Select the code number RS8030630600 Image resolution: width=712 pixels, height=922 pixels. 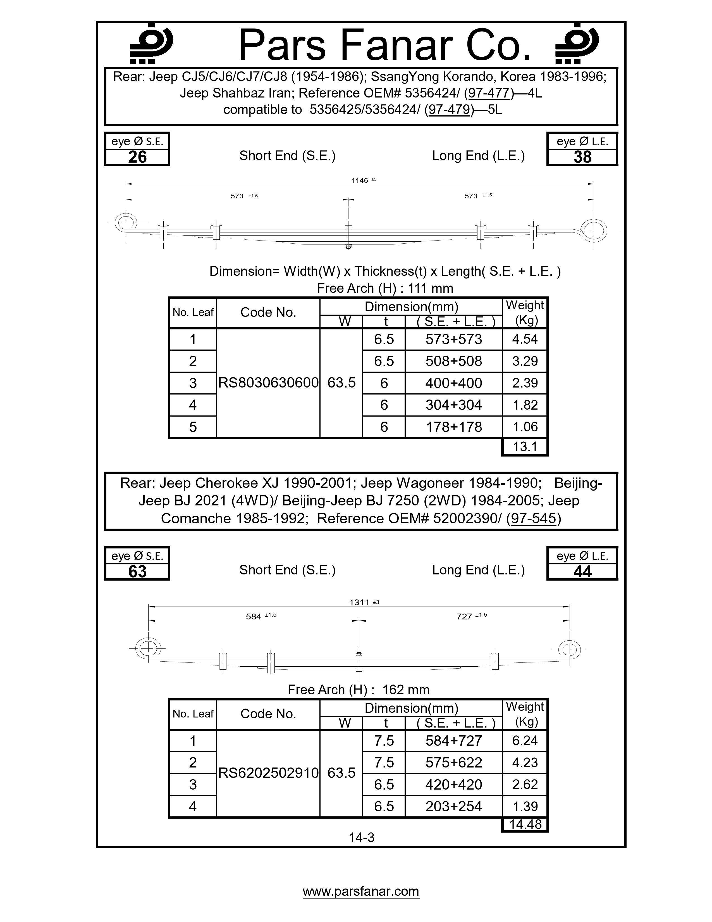[x=268, y=383]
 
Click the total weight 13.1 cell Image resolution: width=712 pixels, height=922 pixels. [x=525, y=447]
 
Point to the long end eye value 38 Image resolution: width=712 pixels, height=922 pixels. [x=582, y=157]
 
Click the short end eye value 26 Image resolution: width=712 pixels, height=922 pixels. [x=137, y=157]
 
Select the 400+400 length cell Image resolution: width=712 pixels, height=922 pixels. [x=453, y=383]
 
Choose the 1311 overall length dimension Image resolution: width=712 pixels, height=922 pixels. [x=360, y=602]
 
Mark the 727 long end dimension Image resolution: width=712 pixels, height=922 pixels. [x=464, y=616]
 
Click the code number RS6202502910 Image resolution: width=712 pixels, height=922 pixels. [x=268, y=773]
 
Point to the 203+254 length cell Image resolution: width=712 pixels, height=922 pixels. [x=453, y=806]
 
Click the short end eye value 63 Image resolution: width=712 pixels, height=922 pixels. [x=137, y=572]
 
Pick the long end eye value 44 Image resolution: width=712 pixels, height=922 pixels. [x=582, y=572]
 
